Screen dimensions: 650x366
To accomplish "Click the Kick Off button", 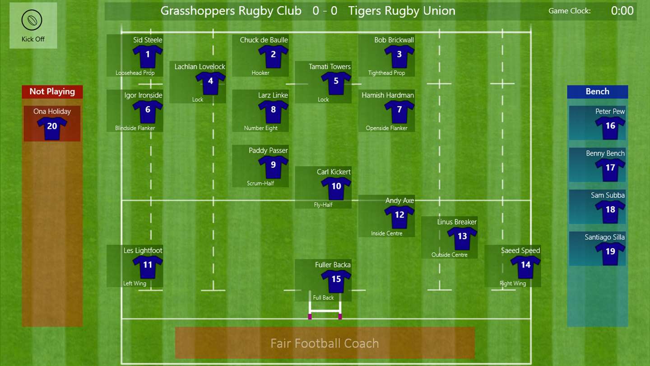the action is (x=33, y=26).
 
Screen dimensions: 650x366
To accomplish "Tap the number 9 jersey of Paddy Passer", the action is (x=273, y=167).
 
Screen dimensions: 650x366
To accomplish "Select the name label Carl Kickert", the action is (x=334, y=172).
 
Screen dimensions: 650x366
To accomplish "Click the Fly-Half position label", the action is (x=323, y=205).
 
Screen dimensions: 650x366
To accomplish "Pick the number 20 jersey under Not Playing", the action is (x=52, y=128).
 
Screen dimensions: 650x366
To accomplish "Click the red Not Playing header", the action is (x=52, y=92).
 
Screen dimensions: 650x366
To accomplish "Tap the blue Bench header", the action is (x=598, y=92).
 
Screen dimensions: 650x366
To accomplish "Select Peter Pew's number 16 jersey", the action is (x=610, y=128).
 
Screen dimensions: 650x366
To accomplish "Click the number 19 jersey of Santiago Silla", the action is (x=610, y=253).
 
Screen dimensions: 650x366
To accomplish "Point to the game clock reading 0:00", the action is (x=622, y=11).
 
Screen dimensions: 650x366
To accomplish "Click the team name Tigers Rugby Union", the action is (x=402, y=11).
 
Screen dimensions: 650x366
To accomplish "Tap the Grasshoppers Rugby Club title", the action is (x=231, y=11).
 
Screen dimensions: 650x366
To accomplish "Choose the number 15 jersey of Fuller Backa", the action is (x=336, y=281).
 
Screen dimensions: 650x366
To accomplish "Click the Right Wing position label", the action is (x=513, y=283).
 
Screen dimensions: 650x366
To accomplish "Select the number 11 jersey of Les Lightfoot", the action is (x=148, y=267).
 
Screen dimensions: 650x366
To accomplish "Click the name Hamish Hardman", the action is (x=388, y=95).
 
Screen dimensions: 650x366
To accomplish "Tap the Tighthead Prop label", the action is (x=386, y=73).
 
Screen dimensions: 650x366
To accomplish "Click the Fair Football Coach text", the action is (x=325, y=343).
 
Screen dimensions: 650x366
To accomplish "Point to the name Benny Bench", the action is (x=605, y=153).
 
